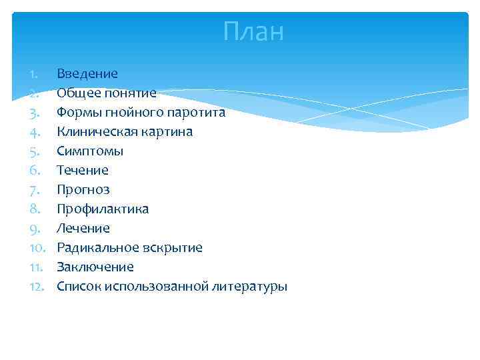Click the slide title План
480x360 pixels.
pyautogui.click(x=253, y=31)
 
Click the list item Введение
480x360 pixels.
pyautogui.click(x=87, y=73)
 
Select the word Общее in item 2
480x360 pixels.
pyautogui.click(x=75, y=93)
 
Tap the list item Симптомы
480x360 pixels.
pyautogui.click(x=90, y=151)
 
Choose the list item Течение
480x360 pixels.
pyautogui.click(x=83, y=170)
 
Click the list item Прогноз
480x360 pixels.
pyautogui.click(x=83, y=190)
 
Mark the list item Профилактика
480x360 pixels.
pyautogui.click(x=103, y=209)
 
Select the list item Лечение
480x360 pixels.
pyautogui.click(x=83, y=229)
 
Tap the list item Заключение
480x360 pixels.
pyautogui.click(x=95, y=267)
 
